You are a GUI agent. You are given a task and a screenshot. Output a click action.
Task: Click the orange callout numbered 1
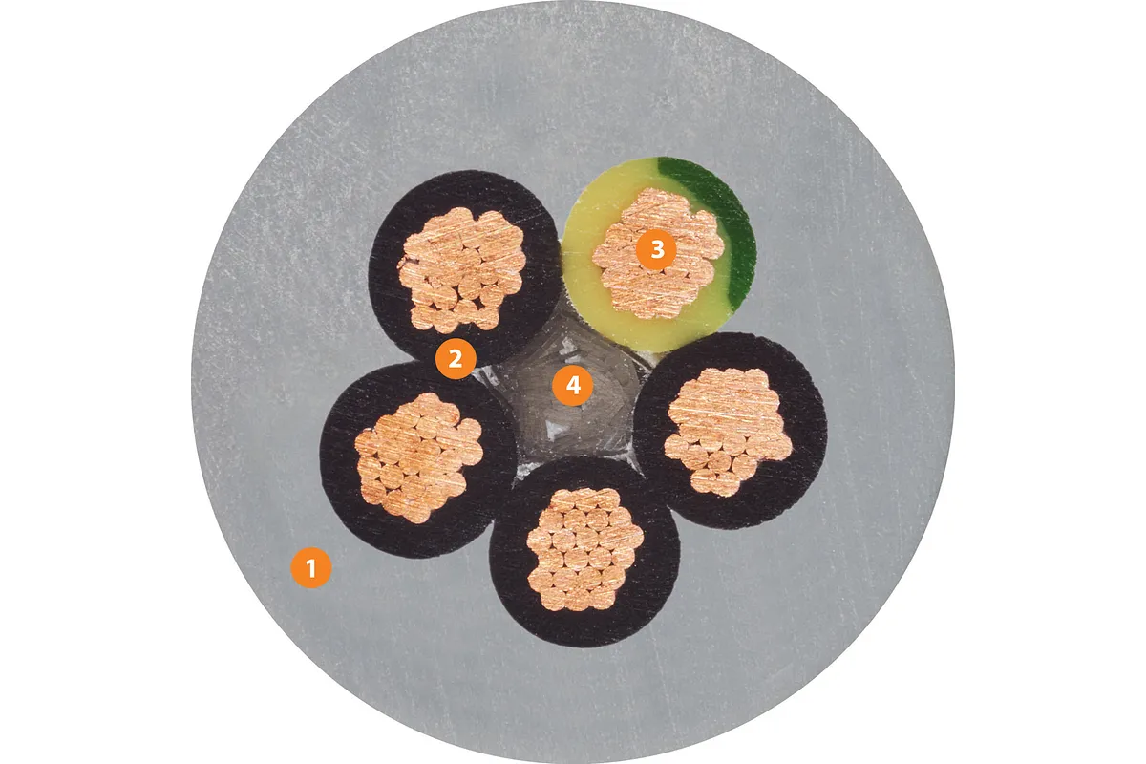[311, 567]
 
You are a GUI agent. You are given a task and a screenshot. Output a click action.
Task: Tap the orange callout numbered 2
[456, 359]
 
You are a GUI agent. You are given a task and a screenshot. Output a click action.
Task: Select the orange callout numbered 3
[656, 249]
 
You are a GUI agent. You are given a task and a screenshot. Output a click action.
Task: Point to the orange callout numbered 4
[572, 385]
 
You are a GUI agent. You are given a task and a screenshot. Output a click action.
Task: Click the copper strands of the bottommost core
[584, 549]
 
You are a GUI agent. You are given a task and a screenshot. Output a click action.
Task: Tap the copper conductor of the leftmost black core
[418, 457]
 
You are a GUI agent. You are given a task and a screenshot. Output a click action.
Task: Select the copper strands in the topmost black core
[461, 268]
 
